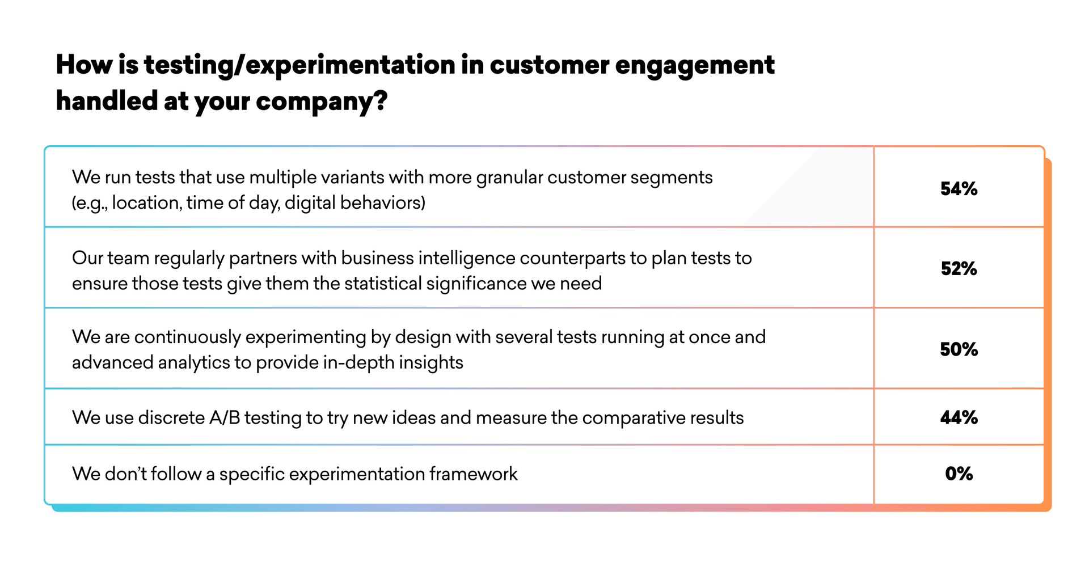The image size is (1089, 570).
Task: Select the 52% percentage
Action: [959, 269]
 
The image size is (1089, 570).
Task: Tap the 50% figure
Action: [959, 349]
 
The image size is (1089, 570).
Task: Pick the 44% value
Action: [959, 418]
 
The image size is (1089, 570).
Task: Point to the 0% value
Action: [959, 474]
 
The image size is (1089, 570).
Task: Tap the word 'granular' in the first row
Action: [509, 178]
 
